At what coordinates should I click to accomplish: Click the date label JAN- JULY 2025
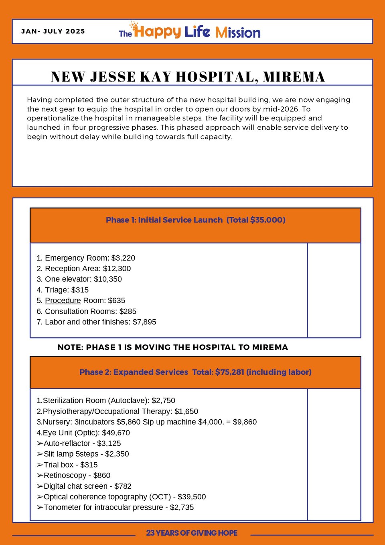pyautogui.click(x=53, y=31)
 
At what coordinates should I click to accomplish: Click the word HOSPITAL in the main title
pyautogui.click(x=217, y=77)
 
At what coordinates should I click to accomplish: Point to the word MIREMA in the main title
pyautogui.click(x=294, y=77)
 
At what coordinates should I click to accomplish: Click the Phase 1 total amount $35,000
pyautogui.click(x=267, y=220)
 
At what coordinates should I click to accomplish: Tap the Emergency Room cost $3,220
pyautogui.click(x=123, y=258)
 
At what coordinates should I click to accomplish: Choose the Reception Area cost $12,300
pyautogui.click(x=117, y=268)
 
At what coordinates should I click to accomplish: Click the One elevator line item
pyautogui.click(x=79, y=279)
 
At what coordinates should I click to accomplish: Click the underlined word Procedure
pyautogui.click(x=63, y=300)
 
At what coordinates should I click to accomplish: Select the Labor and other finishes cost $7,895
pyautogui.click(x=144, y=322)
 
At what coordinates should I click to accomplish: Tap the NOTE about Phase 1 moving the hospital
pyautogui.click(x=172, y=347)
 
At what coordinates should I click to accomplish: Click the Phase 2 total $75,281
pyautogui.click(x=229, y=372)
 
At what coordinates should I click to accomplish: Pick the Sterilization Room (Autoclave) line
pyautogui.click(x=106, y=400)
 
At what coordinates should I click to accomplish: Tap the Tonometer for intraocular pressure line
pyautogui.click(x=115, y=507)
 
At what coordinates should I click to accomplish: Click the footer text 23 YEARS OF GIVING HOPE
pyautogui.click(x=192, y=533)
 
